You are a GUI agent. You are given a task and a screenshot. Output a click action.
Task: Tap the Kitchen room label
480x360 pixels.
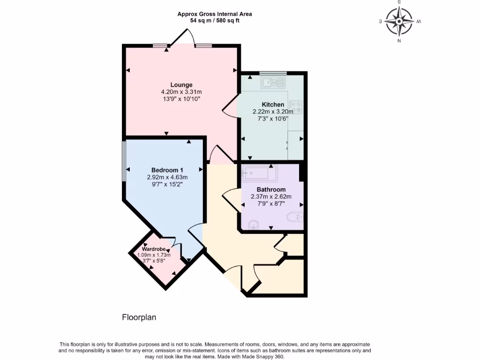click(272, 105)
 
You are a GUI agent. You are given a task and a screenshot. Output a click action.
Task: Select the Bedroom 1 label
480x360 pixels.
click(167, 170)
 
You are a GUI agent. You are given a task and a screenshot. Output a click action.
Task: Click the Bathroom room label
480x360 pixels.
click(271, 190)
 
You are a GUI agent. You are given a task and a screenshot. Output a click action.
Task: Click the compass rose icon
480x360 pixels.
click(399, 21)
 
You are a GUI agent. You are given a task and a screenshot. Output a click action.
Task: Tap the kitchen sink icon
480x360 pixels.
click(273, 83)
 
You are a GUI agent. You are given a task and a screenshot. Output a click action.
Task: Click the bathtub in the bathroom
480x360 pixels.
click(259, 173)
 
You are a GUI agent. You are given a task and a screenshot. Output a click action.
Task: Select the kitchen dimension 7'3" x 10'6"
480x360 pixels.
click(272, 119)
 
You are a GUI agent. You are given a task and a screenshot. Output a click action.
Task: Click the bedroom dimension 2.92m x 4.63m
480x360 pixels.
click(167, 177)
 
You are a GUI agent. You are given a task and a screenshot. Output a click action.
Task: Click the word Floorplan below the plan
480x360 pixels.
click(139, 317)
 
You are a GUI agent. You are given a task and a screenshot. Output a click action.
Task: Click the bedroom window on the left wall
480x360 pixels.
click(124, 161)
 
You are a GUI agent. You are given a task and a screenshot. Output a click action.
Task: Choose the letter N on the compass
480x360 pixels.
click(399, 41)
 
